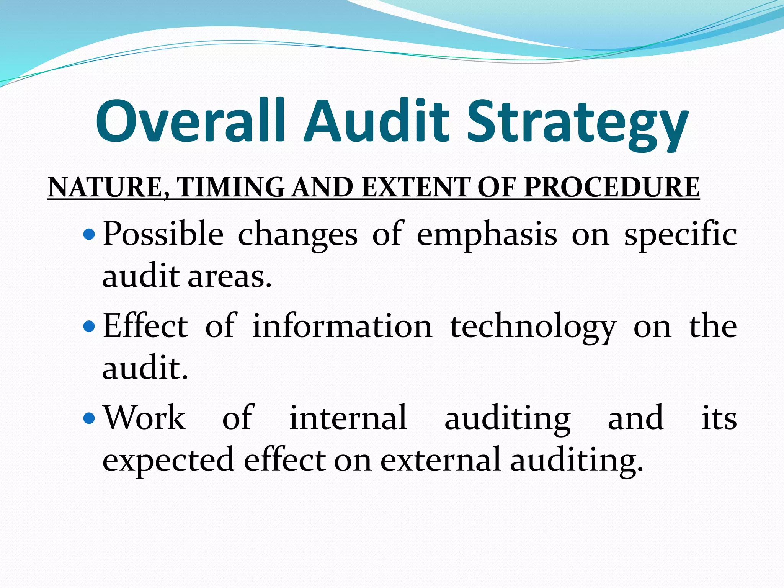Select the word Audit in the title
(376, 121)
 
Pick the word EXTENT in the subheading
(416, 188)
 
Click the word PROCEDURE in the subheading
(611, 188)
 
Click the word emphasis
(487, 234)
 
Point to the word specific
(680, 234)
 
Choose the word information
(342, 326)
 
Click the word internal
(348, 418)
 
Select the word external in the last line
(440, 459)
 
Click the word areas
(229, 276)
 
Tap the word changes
(297, 234)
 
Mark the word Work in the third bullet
(145, 418)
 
